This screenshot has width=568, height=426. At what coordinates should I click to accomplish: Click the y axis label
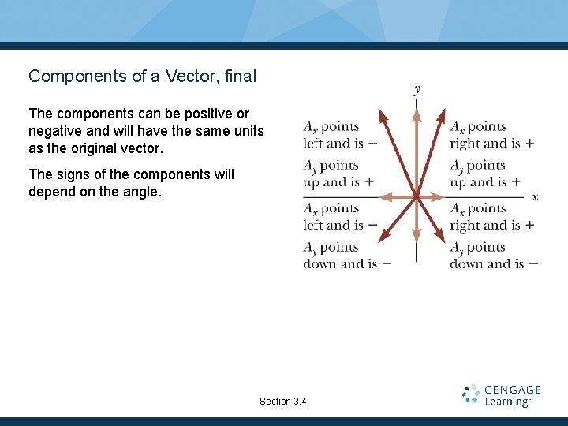417,91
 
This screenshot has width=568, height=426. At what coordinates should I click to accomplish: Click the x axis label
535,196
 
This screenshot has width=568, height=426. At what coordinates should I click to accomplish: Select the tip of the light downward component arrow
417,237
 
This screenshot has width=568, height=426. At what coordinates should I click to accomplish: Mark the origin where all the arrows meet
417,196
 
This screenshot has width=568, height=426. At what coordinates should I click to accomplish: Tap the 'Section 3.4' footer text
283,402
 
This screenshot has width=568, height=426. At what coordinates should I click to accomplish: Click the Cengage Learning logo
501,395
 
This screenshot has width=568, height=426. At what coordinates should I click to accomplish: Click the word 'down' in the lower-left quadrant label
319,264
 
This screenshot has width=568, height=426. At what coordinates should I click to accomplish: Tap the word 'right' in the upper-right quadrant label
466,144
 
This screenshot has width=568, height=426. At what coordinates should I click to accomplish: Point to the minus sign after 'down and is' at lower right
534,263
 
